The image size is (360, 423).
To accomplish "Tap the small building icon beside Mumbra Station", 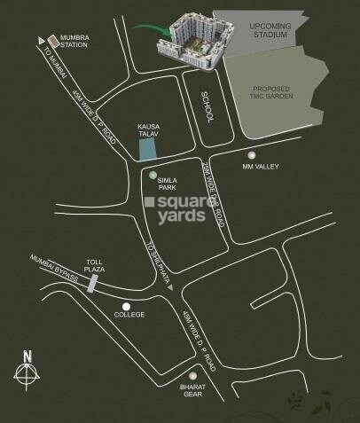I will [54, 41].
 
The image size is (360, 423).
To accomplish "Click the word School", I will [205, 106].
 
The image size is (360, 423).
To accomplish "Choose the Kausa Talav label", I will [148, 129].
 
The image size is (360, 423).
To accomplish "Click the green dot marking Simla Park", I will [153, 176].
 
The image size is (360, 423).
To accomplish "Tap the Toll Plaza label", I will [95, 265].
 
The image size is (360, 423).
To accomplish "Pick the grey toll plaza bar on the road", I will [92, 283].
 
